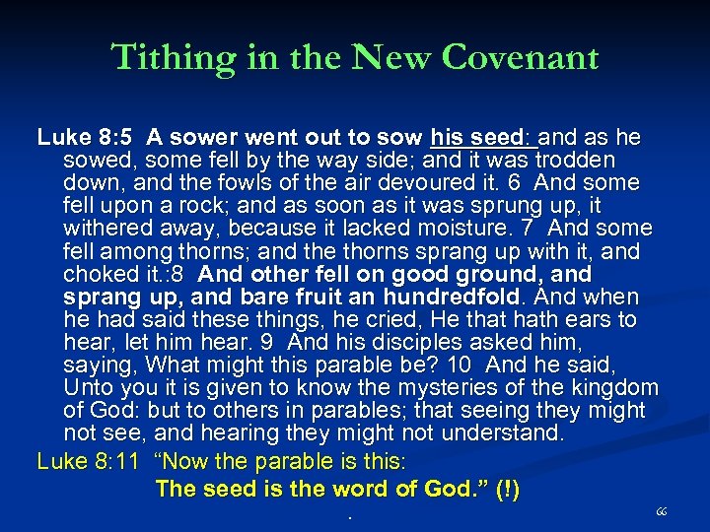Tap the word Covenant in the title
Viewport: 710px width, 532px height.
[521, 57]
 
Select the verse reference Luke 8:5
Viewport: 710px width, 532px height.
[78, 136]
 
